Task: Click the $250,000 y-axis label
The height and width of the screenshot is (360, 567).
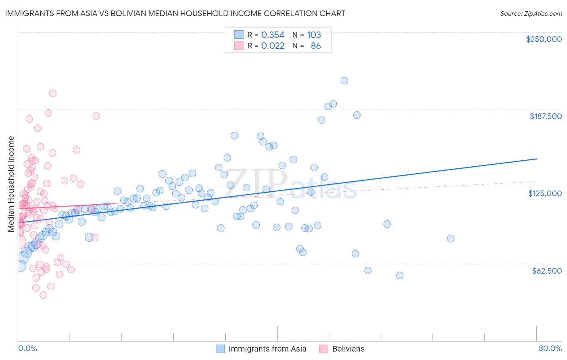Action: (x=544, y=39)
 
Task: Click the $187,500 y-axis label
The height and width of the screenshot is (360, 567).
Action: (x=545, y=116)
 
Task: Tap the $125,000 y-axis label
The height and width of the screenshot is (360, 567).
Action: (x=544, y=193)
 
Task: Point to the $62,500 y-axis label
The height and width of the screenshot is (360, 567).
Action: (x=546, y=271)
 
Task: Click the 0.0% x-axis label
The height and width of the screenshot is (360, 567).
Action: (x=27, y=348)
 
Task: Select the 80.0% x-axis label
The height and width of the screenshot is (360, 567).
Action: (x=550, y=348)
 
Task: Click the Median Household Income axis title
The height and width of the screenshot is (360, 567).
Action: (x=11, y=184)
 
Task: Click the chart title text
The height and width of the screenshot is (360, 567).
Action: (x=175, y=13)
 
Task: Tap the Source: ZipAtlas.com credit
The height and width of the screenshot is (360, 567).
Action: (x=531, y=14)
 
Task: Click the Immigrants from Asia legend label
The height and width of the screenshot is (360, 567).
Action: (x=267, y=349)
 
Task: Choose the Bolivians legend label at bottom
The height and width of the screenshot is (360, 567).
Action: (x=348, y=349)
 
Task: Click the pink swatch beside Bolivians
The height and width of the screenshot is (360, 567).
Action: (x=323, y=349)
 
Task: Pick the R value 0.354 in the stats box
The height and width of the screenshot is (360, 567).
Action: (x=273, y=35)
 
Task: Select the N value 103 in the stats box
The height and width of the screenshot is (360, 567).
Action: (x=314, y=35)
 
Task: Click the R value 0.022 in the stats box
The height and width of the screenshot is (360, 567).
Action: (x=273, y=46)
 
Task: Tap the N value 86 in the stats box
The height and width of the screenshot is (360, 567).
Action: (x=316, y=46)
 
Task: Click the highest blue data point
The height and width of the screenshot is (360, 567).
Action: (x=344, y=81)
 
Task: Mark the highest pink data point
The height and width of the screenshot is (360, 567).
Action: (x=53, y=93)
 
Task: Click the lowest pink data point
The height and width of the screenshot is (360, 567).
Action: (x=43, y=295)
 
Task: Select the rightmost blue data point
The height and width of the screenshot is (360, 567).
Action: (x=450, y=239)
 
